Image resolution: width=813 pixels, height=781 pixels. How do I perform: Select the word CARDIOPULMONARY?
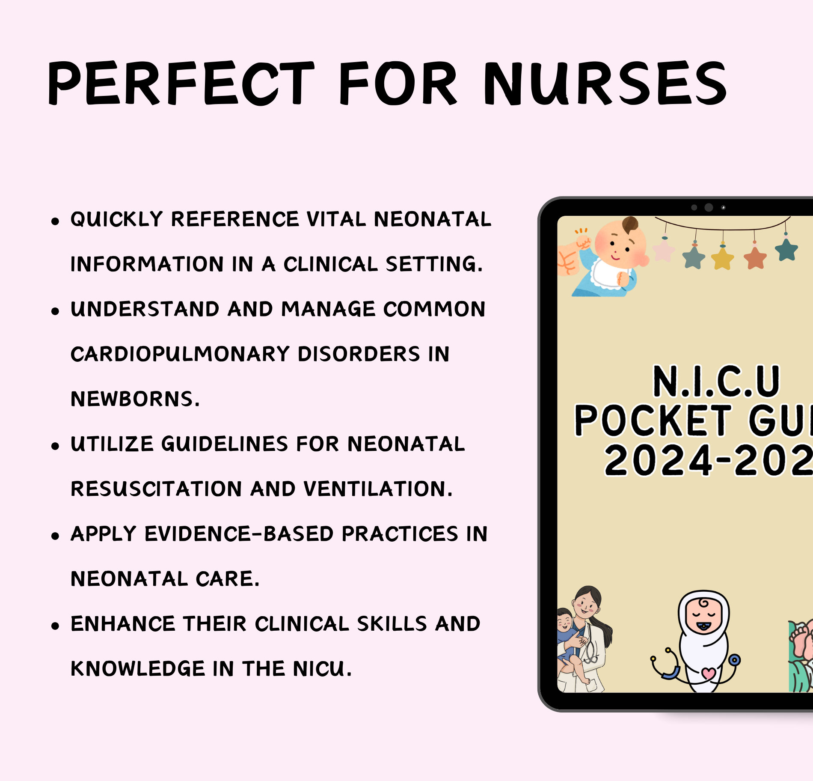point(180,354)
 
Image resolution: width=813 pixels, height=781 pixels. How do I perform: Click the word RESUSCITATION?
point(156,489)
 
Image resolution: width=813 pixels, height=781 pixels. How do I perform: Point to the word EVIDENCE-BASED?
point(239,534)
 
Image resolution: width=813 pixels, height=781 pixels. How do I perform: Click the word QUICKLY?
point(116,219)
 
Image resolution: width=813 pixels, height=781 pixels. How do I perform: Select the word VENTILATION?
point(378,489)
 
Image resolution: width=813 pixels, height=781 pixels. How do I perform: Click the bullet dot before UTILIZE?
point(55,446)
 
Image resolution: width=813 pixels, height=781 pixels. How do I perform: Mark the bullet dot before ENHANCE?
point(55,626)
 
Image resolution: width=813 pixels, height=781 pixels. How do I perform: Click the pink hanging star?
point(664,250)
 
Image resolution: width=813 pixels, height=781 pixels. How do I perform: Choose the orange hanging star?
point(755,258)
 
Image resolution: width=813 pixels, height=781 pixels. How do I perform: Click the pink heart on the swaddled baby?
point(709,673)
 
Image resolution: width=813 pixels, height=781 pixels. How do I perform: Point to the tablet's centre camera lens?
point(709,207)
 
